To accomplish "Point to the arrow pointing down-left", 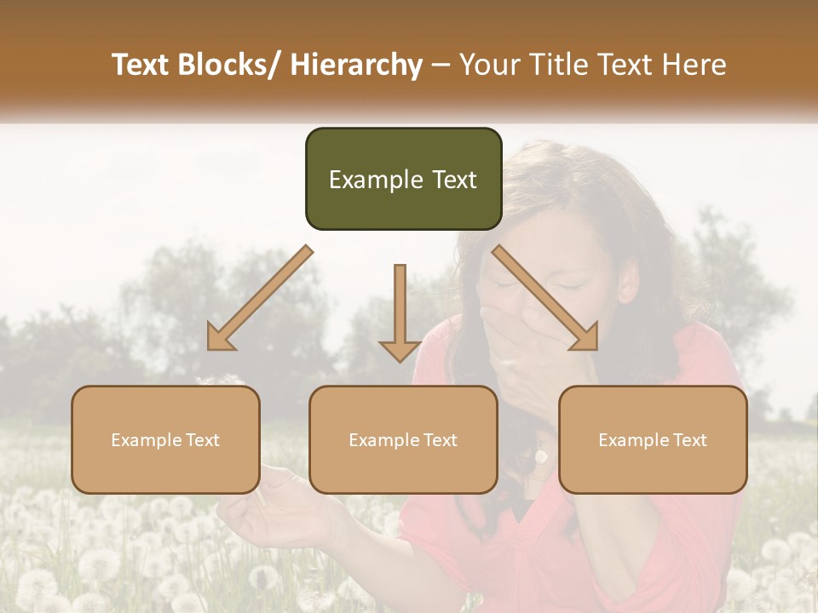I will (x=260, y=299).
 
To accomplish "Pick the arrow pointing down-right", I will (x=545, y=299).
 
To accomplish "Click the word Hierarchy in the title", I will (x=355, y=65).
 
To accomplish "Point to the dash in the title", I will (x=441, y=65).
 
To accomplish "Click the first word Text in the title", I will (x=140, y=65).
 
